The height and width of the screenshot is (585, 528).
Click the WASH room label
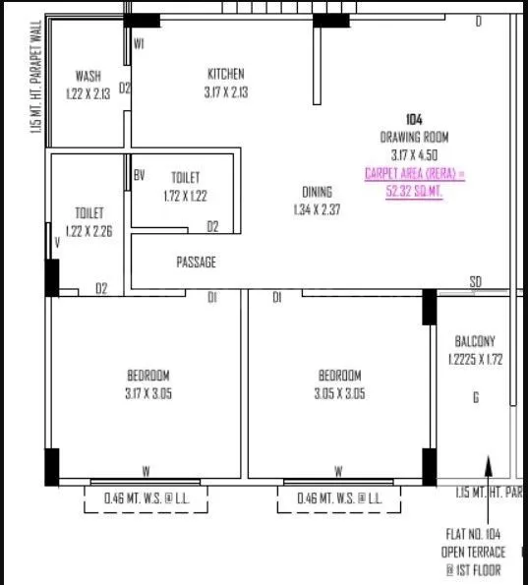[x=88, y=76]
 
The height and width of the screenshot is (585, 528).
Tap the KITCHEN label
[x=226, y=74]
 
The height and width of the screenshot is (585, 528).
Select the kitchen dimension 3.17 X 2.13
[x=226, y=92]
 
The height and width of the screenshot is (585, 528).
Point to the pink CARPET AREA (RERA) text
[x=414, y=173]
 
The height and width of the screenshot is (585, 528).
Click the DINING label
[x=318, y=192]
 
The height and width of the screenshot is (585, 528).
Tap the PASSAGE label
[x=196, y=263]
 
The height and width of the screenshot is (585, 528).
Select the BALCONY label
[x=475, y=341]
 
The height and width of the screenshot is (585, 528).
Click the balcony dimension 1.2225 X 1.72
[x=475, y=359]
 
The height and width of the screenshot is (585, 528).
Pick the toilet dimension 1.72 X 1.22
[x=186, y=196]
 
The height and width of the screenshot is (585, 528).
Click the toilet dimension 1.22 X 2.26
[x=89, y=231]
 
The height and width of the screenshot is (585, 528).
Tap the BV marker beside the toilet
[x=140, y=176]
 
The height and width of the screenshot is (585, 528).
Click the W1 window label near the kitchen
[x=140, y=43]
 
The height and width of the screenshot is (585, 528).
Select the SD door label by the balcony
[x=476, y=282]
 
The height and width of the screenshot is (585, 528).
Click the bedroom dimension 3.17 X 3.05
[x=148, y=393]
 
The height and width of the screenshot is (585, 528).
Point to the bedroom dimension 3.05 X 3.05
[x=339, y=393]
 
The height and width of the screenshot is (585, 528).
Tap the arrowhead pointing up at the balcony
[x=485, y=462]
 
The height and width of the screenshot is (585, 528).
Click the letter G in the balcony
[x=476, y=398]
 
